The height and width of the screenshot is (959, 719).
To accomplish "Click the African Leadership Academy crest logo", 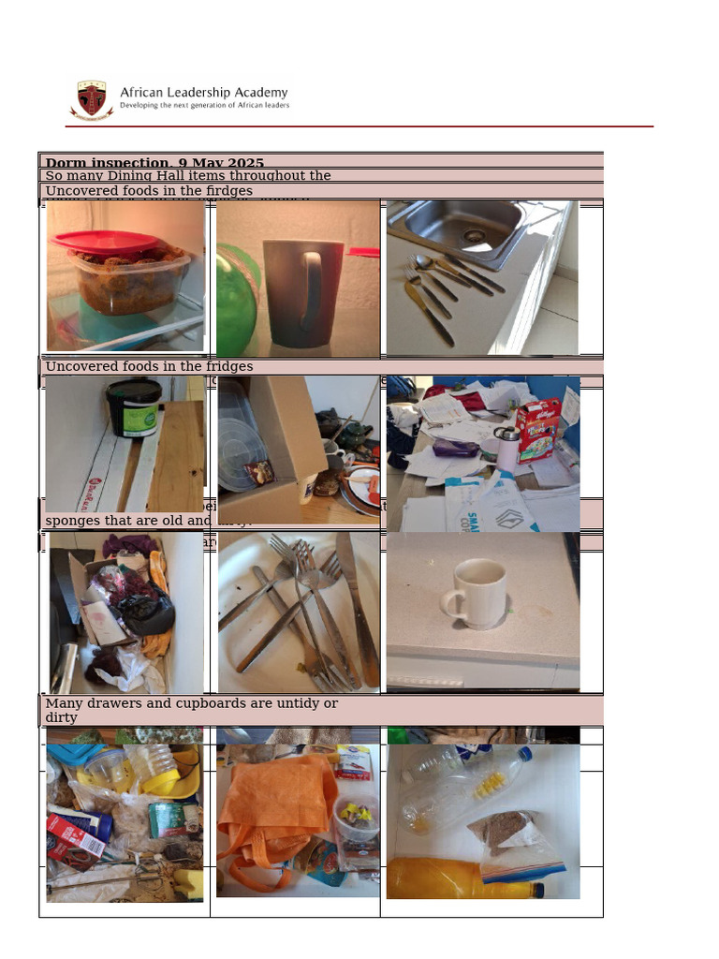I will (x=91, y=97).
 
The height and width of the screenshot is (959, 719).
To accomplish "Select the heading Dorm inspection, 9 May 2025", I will (x=154, y=164).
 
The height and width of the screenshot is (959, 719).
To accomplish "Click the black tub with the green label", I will (x=134, y=407).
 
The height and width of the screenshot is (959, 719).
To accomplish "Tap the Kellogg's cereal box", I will (x=537, y=429).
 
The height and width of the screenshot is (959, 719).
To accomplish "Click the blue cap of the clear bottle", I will (x=524, y=754).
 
